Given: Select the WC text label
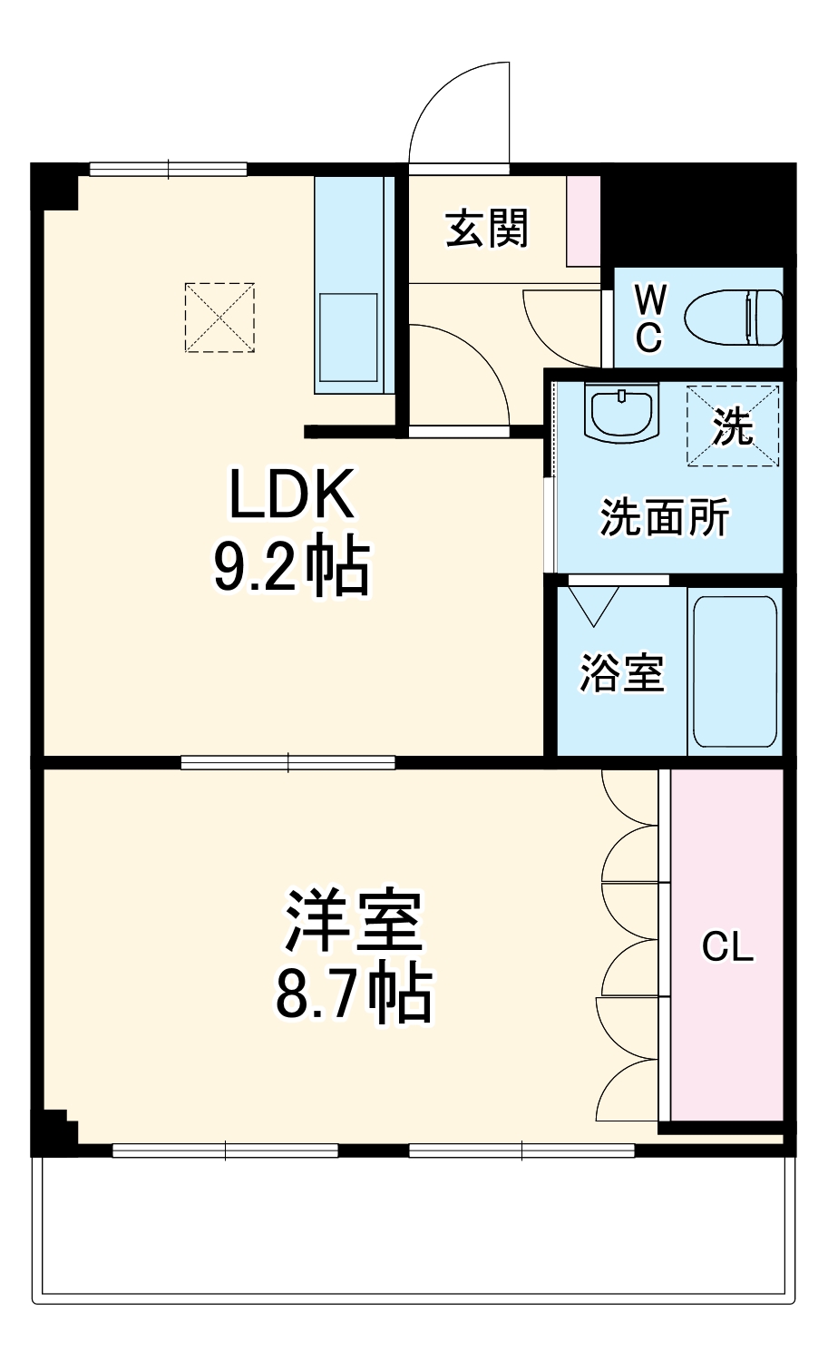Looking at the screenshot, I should click(649, 318).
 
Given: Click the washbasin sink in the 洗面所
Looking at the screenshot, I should click(621, 413).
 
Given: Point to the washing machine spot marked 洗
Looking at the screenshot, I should click(733, 426).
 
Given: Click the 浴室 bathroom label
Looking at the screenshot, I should click(622, 672).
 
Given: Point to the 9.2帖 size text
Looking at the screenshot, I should click(291, 568).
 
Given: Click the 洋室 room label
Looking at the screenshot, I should click(354, 920).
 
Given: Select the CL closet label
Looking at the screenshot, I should click(727, 948).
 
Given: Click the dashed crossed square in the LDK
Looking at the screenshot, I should click(219, 317).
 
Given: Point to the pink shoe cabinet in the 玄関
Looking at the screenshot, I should click(583, 220).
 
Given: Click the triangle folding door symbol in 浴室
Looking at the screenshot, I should click(594, 604).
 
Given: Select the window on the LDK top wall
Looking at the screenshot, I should click(169, 168).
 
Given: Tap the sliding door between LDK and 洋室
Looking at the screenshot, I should click(287, 762).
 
